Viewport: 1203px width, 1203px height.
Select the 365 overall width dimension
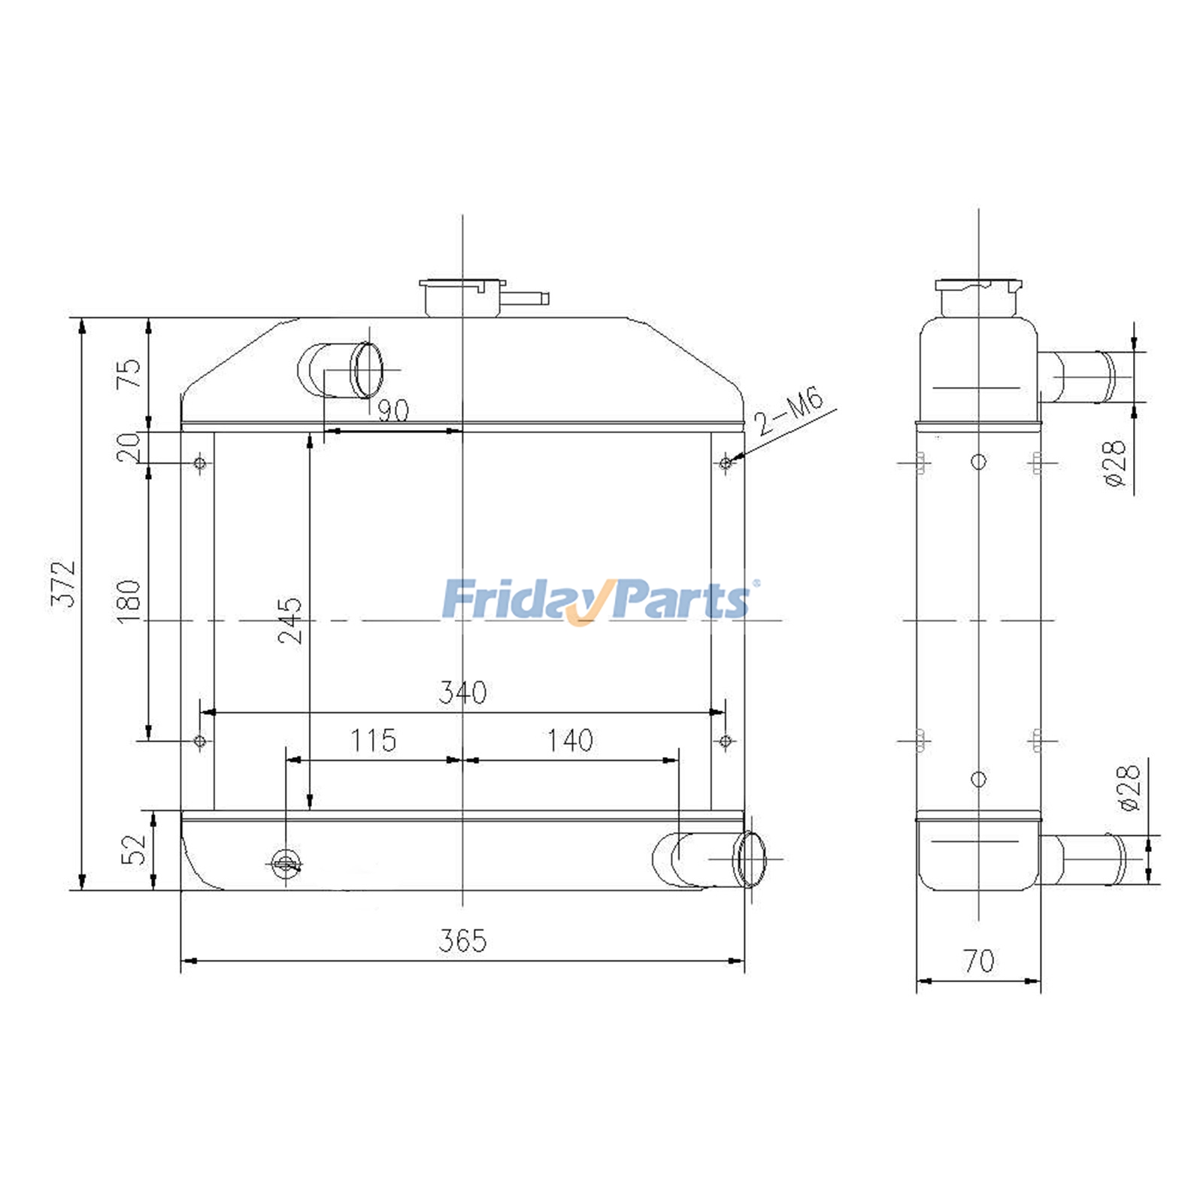click(x=462, y=941)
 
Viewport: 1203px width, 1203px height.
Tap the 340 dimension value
click(x=462, y=692)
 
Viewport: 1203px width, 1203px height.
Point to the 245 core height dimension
click(x=290, y=620)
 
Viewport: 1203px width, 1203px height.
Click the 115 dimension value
click(x=373, y=741)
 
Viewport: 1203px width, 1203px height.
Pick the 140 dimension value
click(x=570, y=741)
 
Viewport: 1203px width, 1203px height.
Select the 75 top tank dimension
click(x=129, y=373)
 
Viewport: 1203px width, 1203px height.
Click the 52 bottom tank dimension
click(x=135, y=850)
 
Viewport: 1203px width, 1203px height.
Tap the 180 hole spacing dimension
click(x=129, y=599)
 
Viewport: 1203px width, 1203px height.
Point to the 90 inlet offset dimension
click(x=392, y=411)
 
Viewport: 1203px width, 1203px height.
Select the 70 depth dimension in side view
click(x=978, y=961)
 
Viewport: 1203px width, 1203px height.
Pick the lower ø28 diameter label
click(x=1129, y=787)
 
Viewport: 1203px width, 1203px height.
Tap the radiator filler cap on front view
click(x=461, y=297)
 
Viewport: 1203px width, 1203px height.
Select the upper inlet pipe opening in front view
click(x=368, y=370)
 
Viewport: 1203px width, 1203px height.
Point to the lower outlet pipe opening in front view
click(x=751, y=859)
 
